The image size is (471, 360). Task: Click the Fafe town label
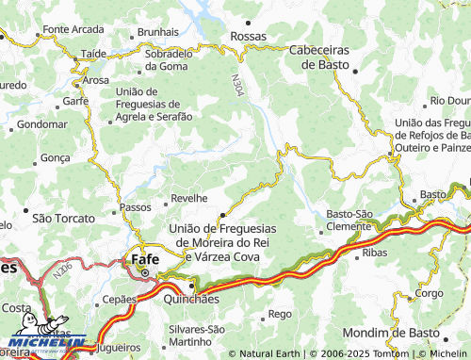tap(144, 257)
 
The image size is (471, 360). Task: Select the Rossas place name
tap(249, 36)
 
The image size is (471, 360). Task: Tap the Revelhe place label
tap(188, 199)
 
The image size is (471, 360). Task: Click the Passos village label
tap(136, 206)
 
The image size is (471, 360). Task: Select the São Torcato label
tap(57, 218)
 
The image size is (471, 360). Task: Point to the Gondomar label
tap(42, 123)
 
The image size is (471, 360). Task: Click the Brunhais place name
tap(157, 31)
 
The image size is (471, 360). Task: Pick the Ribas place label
tap(374, 254)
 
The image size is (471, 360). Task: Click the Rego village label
tap(280, 313)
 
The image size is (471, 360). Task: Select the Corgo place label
tap(428, 293)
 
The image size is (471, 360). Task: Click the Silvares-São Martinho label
tap(196, 335)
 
